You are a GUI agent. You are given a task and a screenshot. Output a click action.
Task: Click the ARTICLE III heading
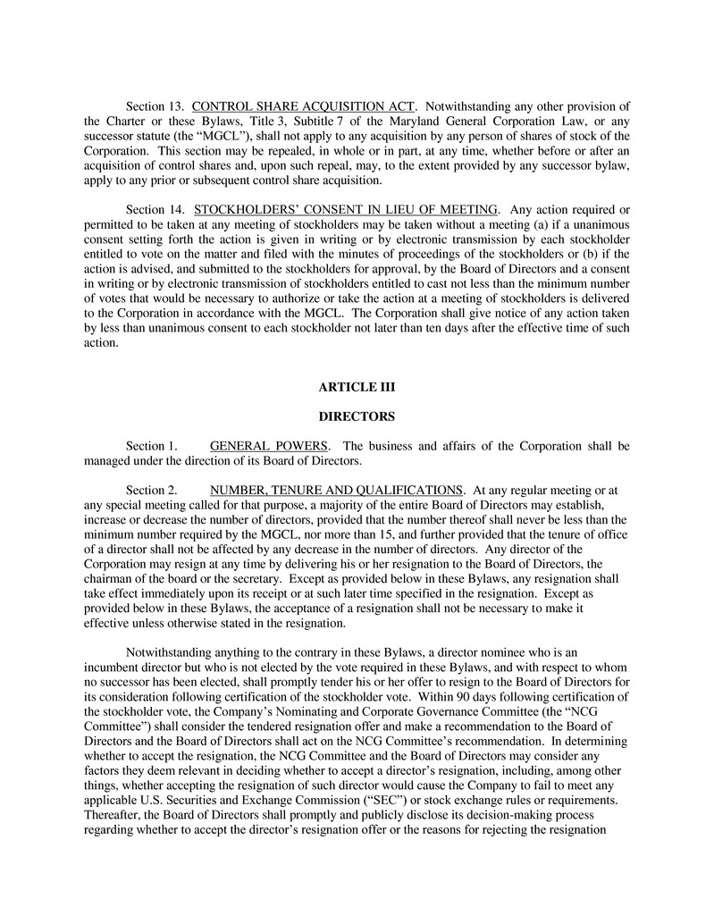(x=357, y=387)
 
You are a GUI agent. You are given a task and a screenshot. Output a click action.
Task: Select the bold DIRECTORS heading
(x=357, y=416)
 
